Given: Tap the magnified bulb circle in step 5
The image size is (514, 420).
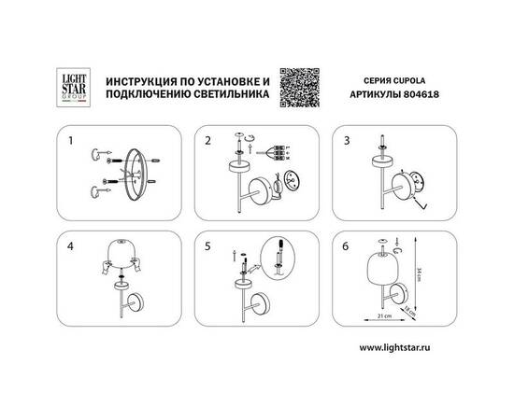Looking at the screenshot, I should pyautogui.click(x=276, y=256).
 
